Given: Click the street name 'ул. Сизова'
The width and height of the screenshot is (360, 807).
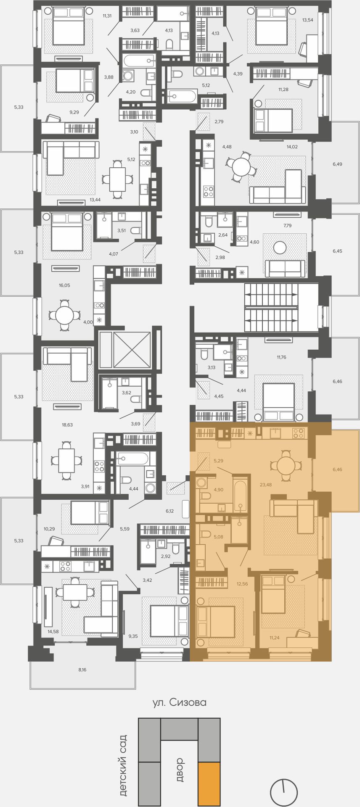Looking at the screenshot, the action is (180, 702).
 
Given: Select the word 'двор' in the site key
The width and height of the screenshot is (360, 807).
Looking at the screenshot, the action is (180, 769).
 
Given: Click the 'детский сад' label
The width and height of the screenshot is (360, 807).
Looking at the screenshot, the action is (122, 765).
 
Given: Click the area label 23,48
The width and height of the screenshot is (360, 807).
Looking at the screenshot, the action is (266, 485).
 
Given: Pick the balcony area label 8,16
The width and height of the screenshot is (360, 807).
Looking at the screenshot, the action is (82, 670).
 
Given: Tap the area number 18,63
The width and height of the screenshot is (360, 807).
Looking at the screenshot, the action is (67, 425).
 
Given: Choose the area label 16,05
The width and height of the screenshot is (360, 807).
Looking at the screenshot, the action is (64, 285).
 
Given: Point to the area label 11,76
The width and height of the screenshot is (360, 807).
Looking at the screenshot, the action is (281, 357).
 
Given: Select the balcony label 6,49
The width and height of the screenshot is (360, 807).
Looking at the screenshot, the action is (337, 164).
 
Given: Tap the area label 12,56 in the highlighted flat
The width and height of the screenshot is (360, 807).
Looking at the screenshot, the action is (242, 583).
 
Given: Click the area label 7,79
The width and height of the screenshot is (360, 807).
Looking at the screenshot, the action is (288, 225).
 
